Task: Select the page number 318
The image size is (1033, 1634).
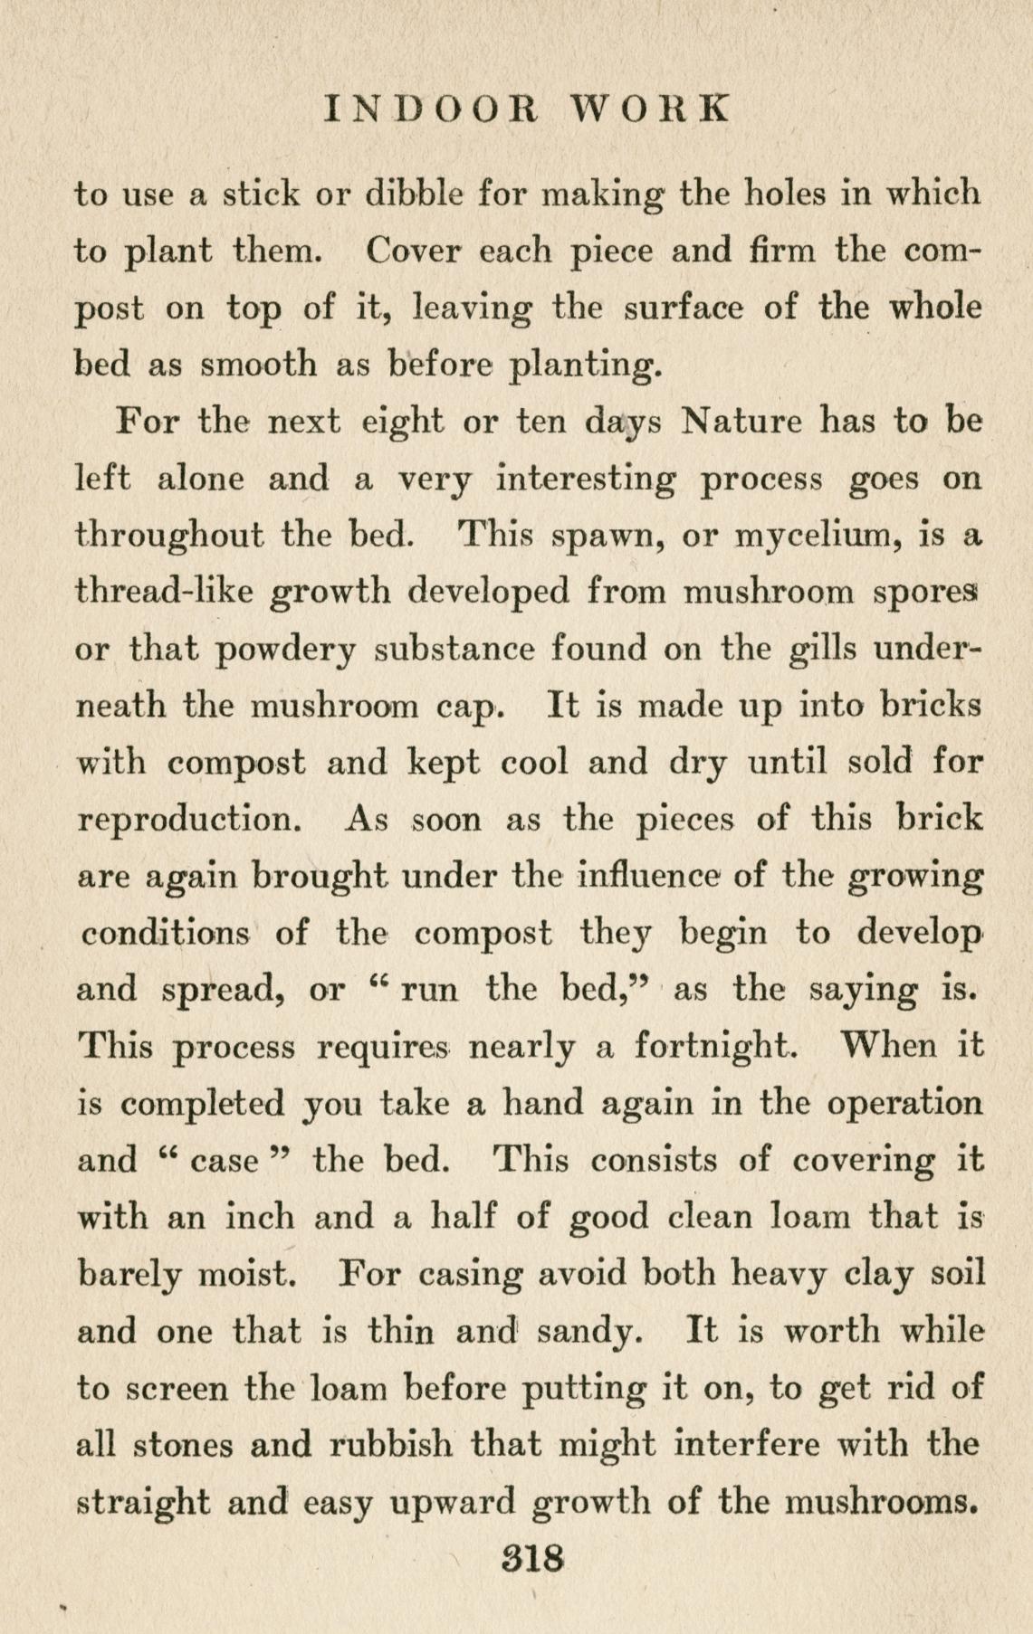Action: [x=533, y=1558]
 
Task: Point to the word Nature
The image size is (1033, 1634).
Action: [x=741, y=421]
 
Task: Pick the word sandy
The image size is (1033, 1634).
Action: [x=585, y=1332]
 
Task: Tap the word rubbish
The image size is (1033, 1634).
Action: [x=390, y=1445]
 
